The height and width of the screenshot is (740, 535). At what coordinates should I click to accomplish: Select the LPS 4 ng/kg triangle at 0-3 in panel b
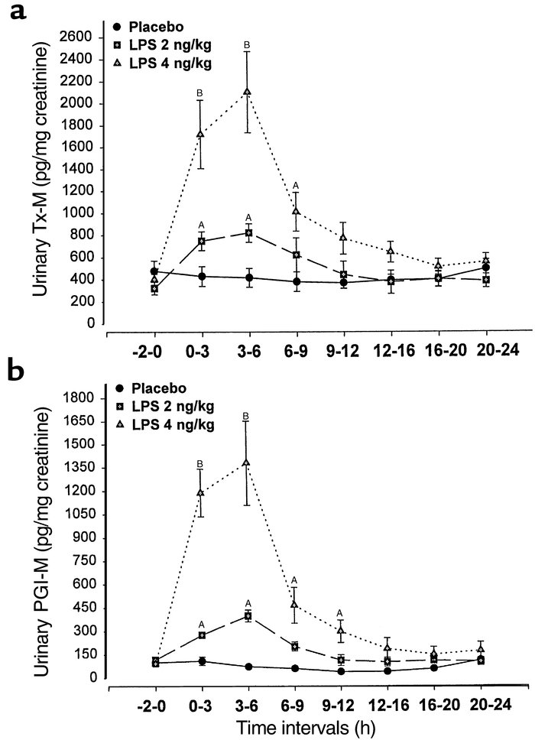click(x=201, y=492)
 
